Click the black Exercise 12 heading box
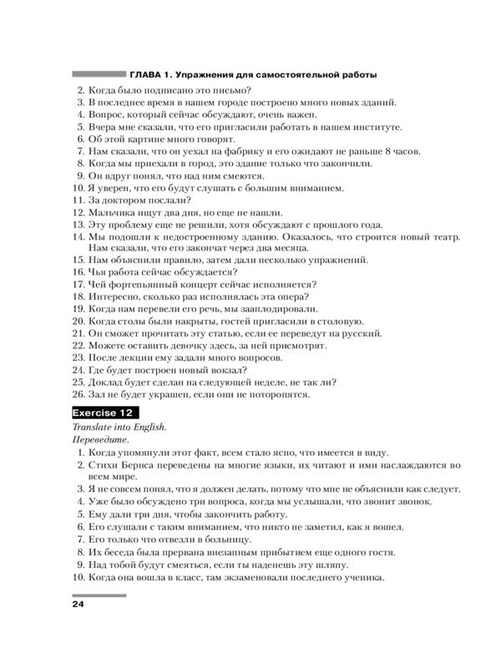click(105, 412)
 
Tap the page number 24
click(79, 604)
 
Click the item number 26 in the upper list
click(77, 395)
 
